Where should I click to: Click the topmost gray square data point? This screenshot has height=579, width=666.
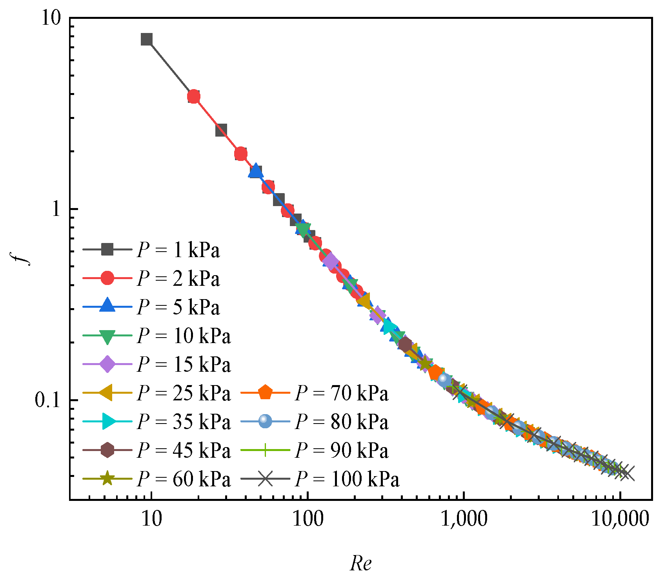147,39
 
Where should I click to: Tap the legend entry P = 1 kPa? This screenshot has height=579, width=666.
178,250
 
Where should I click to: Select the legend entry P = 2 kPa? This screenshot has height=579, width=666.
178,279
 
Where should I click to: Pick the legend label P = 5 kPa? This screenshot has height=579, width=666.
178,307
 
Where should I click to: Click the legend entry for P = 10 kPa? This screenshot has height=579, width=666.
184,336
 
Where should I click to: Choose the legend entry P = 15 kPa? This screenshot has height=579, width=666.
184,364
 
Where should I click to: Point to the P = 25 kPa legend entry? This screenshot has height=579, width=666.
184,393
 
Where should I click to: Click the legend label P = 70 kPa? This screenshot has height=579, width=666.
342,393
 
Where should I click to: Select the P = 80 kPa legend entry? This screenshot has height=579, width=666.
342,422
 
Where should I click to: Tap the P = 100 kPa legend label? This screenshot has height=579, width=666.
347,479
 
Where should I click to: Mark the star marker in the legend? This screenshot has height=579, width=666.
107,479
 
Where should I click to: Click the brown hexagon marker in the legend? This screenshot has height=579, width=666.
107,450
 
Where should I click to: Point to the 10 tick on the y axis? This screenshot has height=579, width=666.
52,18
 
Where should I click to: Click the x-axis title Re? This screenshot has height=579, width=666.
360,564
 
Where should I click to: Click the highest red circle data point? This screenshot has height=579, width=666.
194,97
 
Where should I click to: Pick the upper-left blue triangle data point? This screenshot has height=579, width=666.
255,172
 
